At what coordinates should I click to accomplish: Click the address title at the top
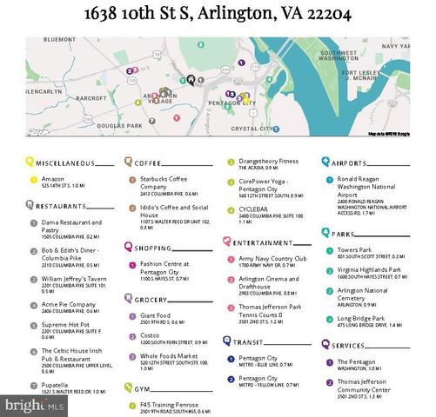[218, 14]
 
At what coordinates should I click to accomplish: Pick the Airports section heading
[348, 162]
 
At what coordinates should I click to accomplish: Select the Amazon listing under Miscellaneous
[52, 179]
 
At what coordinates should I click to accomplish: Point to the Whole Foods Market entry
[170, 356]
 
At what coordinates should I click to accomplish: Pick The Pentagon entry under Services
[356, 361]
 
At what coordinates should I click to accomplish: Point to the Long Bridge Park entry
[360, 320]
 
